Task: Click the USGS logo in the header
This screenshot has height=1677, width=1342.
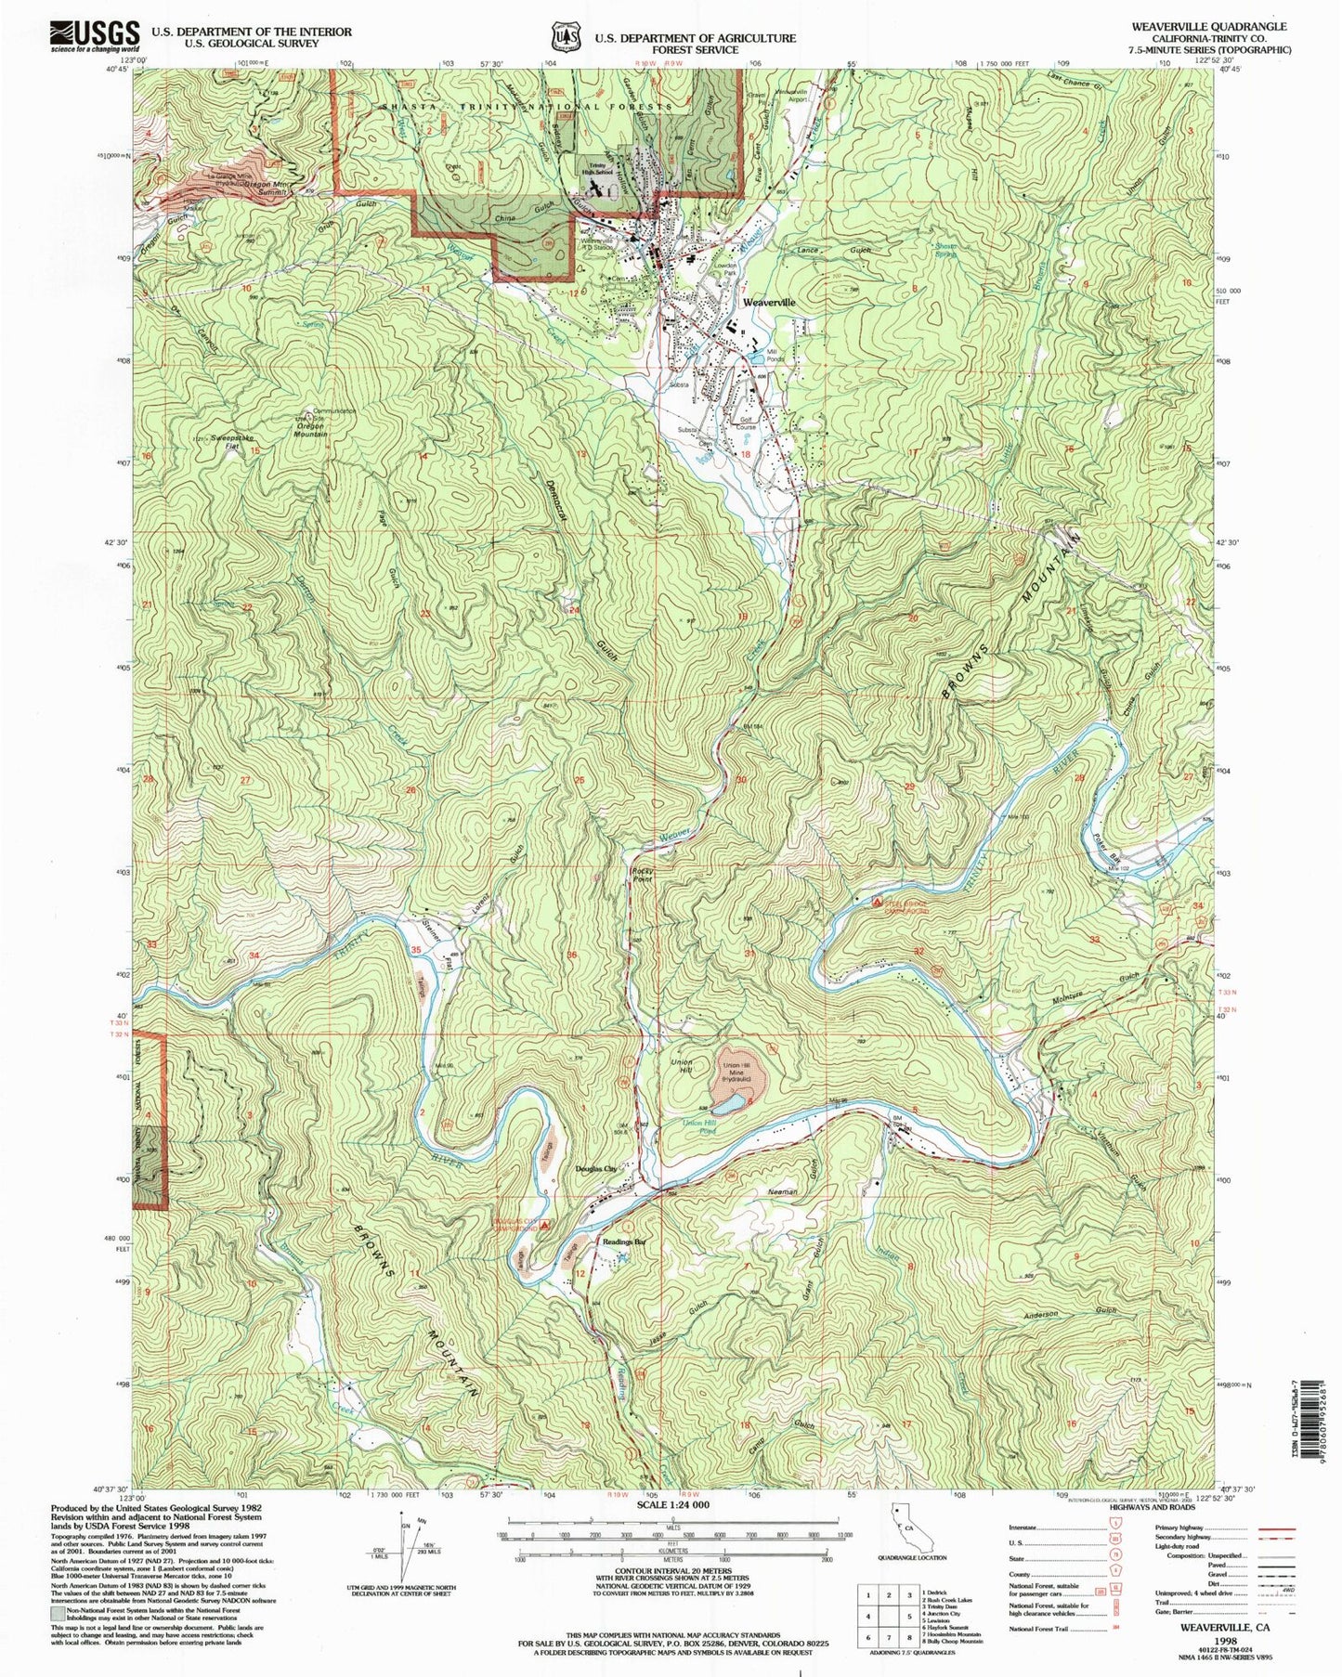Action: coord(96,36)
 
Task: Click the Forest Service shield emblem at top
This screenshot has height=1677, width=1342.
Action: coord(560,36)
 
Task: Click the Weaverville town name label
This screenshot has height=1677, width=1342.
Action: coord(768,303)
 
